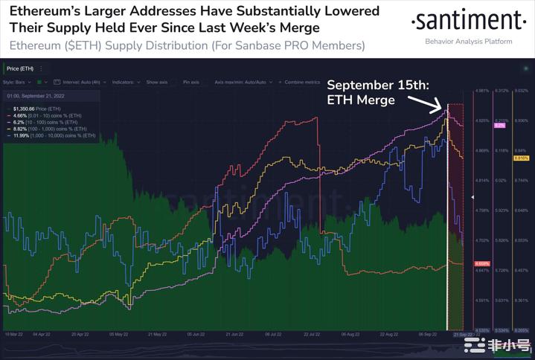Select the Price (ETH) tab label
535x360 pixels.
pos(20,68)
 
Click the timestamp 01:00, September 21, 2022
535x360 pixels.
pos(36,96)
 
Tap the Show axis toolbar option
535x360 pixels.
pos(157,82)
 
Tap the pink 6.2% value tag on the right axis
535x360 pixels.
pos(499,125)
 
